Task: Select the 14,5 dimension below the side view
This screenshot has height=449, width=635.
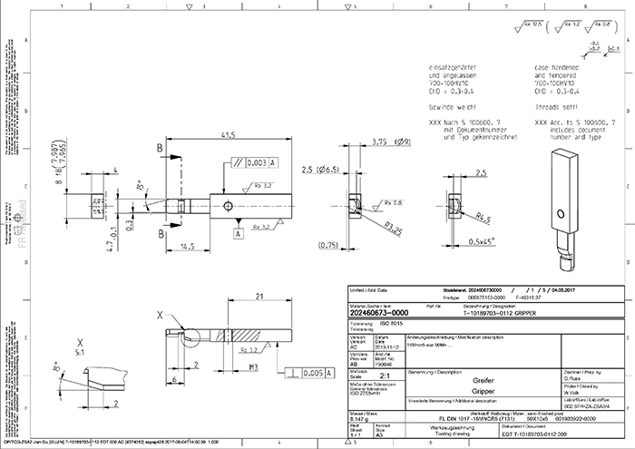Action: [x=188, y=246]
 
